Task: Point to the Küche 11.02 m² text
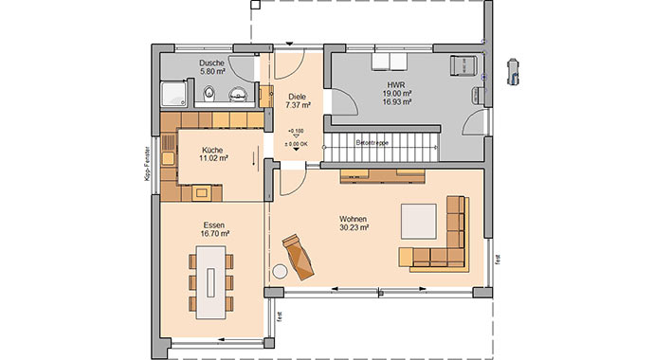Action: (x=213, y=154)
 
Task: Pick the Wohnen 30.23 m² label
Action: (x=354, y=223)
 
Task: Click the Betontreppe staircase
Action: (x=380, y=149)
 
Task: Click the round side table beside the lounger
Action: (x=281, y=272)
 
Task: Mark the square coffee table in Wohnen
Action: (x=418, y=221)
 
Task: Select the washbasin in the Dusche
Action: (x=238, y=92)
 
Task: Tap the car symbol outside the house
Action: (x=514, y=67)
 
